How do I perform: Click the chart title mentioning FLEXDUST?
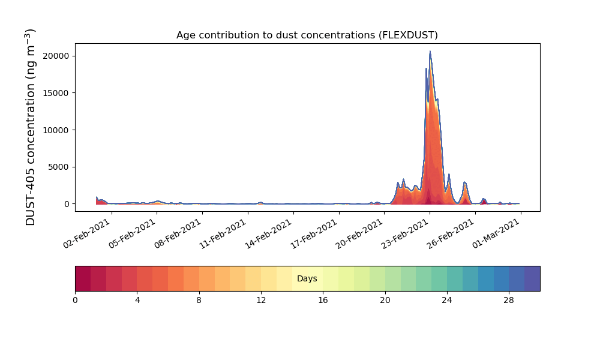[x=307, y=35]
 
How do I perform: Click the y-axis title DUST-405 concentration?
[x=30, y=127]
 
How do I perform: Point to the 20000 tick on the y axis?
[x=56, y=56]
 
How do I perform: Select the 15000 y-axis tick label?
[x=56, y=94]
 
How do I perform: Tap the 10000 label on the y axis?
[x=56, y=130]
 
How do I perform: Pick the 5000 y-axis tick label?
[x=59, y=167]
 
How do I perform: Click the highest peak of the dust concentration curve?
[x=430, y=51]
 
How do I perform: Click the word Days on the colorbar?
[x=307, y=278]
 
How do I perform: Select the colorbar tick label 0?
[x=76, y=301]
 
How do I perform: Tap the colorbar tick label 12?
[x=261, y=301]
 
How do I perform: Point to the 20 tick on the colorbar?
[x=385, y=301]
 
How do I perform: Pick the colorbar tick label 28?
[x=509, y=301]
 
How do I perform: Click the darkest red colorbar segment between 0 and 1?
[x=83, y=278]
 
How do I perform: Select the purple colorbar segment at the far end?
[x=532, y=278]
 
